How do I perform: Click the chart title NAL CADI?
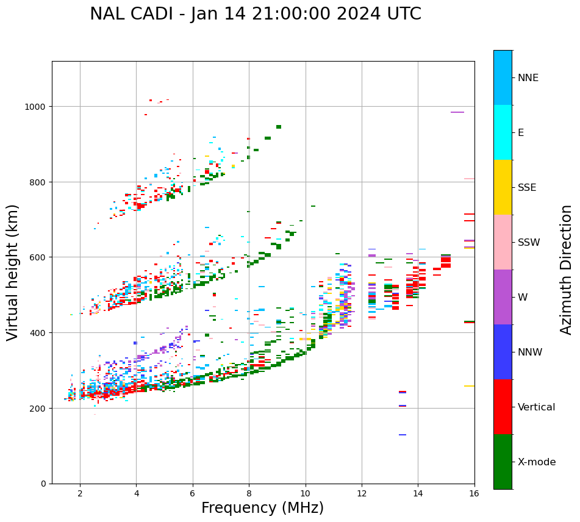(255, 14)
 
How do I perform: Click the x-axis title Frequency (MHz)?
(262, 508)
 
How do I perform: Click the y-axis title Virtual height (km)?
(13, 273)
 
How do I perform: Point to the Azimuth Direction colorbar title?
(567, 270)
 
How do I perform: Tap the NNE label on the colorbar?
(528, 77)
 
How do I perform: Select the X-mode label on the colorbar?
(537, 462)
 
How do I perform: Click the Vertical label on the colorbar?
(537, 407)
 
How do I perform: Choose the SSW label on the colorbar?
(529, 242)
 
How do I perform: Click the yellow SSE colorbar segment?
(503, 187)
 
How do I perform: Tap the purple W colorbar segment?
(503, 297)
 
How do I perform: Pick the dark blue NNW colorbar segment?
(503, 352)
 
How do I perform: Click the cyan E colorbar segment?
(503, 132)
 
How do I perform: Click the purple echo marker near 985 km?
(457, 112)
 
